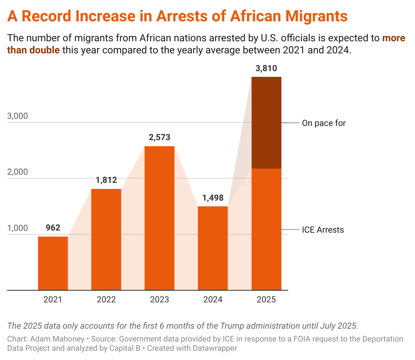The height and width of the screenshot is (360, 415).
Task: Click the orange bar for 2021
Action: coord(53,263)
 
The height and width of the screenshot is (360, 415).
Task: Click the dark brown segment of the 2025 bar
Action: coord(266,122)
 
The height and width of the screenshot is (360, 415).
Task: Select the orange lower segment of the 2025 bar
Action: coord(266,229)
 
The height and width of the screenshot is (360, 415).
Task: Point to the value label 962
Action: coord(53,228)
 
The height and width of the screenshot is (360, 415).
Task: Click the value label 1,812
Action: coord(106,180)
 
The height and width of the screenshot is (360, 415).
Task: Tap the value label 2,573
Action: coord(160,137)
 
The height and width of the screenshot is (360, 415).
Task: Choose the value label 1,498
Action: coord(213,197)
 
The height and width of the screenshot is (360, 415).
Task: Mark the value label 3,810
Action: coord(266,68)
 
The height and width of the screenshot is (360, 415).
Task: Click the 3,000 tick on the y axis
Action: coord(18,116)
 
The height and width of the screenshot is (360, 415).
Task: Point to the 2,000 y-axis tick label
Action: coord(18,172)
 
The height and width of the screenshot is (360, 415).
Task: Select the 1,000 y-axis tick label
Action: coord(18,228)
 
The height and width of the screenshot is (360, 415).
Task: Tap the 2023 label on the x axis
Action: coord(160,300)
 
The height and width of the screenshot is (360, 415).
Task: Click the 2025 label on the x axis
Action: coord(266,300)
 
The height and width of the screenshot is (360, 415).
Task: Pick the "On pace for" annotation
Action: coord(324,123)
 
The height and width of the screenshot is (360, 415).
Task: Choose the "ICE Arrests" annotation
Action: coord(323,230)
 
